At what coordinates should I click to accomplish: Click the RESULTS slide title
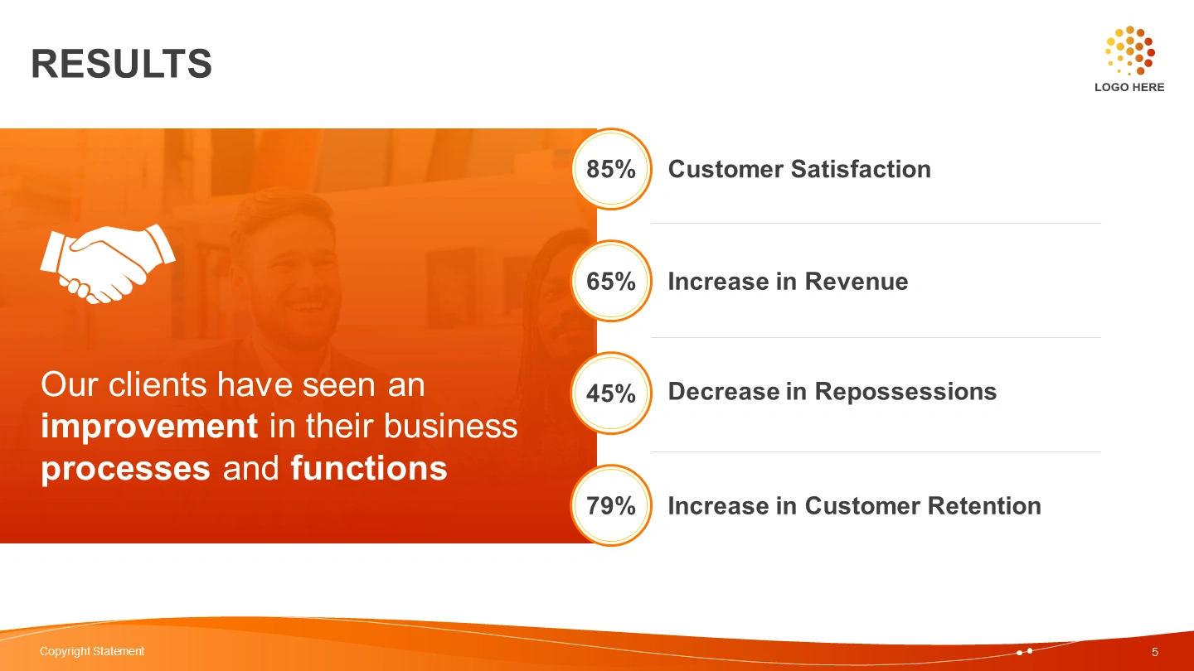click(122, 64)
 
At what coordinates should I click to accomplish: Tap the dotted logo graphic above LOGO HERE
click(1129, 51)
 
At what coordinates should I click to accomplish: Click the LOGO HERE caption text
click(1129, 87)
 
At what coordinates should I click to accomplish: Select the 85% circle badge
click(611, 169)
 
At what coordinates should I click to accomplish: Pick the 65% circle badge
click(611, 281)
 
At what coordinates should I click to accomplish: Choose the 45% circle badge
click(611, 393)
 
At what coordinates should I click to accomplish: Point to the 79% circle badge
click(611, 505)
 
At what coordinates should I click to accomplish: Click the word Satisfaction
click(861, 169)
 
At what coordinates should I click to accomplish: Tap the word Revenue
click(856, 282)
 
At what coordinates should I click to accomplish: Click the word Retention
click(984, 506)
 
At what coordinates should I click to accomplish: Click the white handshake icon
click(108, 263)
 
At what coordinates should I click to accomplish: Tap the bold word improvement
click(150, 427)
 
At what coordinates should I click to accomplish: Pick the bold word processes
click(126, 470)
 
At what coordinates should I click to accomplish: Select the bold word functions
click(369, 468)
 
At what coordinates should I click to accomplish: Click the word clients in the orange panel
click(158, 384)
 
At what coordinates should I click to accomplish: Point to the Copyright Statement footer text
click(92, 651)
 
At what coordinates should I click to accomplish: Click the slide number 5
click(1155, 653)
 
